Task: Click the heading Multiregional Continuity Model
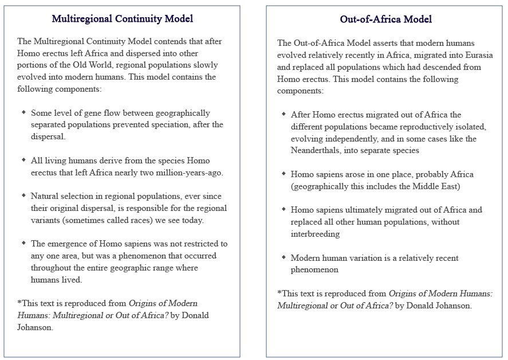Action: pyautogui.click(x=122, y=19)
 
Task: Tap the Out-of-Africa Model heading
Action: pyautogui.click(x=385, y=19)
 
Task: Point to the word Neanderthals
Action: pyautogui.click(x=317, y=151)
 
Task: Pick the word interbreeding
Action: pyautogui.click(x=316, y=234)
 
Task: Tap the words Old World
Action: pyautogui.click(x=106, y=65)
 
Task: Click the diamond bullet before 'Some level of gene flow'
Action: pyautogui.click(x=23, y=113)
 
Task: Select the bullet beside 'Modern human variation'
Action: pyautogui.click(x=283, y=258)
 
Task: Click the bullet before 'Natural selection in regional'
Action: pyautogui.click(x=23, y=197)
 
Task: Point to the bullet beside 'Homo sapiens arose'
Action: pyautogui.click(x=283, y=174)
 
